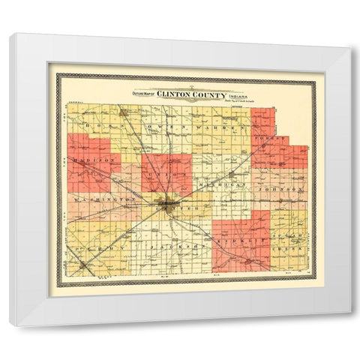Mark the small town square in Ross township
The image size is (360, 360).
[x=122, y=113]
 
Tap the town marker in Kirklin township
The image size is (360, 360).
[x=248, y=260]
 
